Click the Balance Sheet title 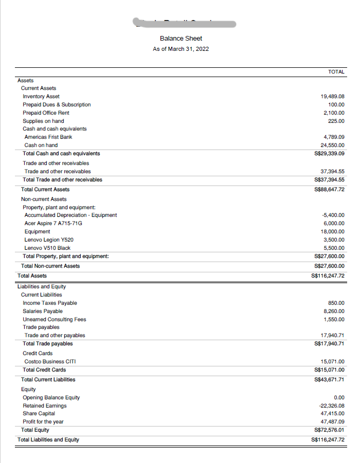click(x=181, y=39)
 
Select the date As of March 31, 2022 click(x=181, y=49)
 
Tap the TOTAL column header click(x=336, y=72)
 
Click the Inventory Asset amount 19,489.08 click(x=332, y=97)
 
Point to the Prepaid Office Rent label click(x=46, y=113)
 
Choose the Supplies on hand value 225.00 click(x=336, y=121)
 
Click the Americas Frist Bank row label click(x=48, y=137)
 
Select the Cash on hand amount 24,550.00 click(x=332, y=145)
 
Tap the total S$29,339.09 click(x=329, y=153)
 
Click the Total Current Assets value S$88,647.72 click(x=329, y=189)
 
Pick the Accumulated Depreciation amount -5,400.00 click(x=332, y=215)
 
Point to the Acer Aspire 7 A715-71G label click(x=53, y=223)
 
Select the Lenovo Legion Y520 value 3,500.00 click(x=334, y=239)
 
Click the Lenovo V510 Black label click(x=47, y=248)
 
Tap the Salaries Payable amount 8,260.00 click(x=334, y=311)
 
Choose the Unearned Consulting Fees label click(x=54, y=319)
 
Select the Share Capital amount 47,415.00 click(x=332, y=413)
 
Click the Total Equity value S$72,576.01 click(x=329, y=430)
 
